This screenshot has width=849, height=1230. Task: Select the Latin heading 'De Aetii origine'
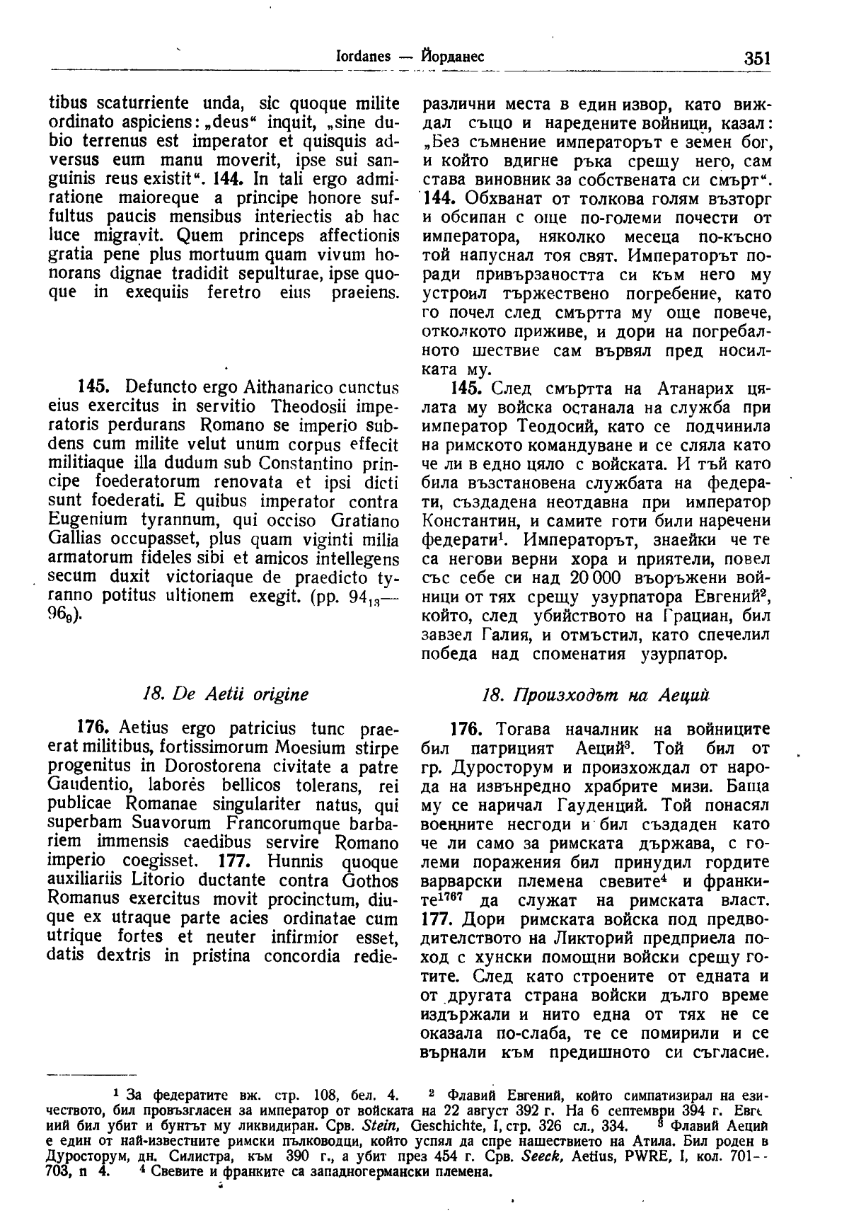[x=225, y=694]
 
